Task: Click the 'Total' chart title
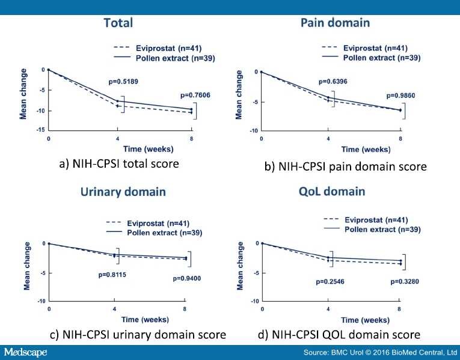(x=118, y=23)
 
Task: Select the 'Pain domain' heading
(x=335, y=23)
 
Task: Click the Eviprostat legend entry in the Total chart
(x=165, y=46)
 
